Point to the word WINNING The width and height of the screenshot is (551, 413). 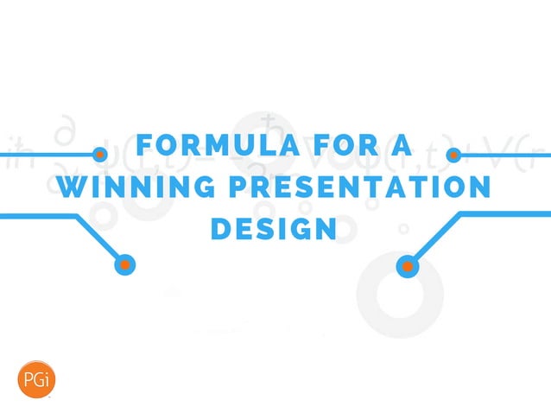coord(142,187)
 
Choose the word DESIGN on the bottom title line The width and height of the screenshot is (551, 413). coord(274,230)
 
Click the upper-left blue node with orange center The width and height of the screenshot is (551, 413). coord(100,156)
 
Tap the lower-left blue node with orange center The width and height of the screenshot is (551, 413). coord(126,264)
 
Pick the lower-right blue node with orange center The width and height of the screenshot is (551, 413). coord(407,265)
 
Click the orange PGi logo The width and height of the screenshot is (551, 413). coord(34,378)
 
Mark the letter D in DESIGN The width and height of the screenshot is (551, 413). coord(222,230)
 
